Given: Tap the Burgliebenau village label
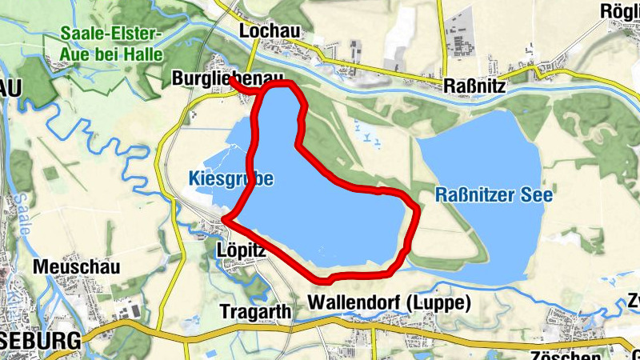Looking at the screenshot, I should (228, 78).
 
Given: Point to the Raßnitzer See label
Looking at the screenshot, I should (494, 194).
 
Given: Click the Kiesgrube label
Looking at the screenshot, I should (231, 179).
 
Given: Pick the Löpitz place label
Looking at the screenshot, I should (241, 250).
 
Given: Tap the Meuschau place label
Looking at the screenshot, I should (76, 267).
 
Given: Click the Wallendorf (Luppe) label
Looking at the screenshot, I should (389, 303).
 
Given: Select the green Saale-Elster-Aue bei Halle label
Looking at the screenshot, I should (111, 45).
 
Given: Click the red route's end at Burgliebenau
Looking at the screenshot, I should (230, 78).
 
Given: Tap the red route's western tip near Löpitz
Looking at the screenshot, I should (225, 218).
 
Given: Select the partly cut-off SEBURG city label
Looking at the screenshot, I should (40, 339).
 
